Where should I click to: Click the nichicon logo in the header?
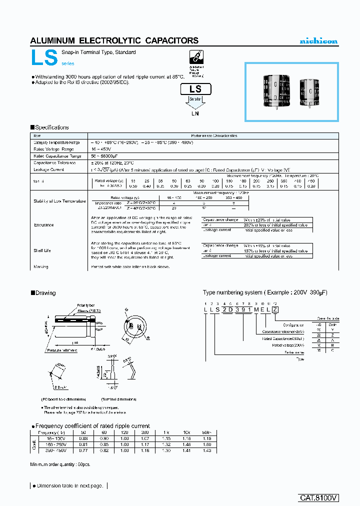tap(318, 41)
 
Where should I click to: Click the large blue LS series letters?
tap(44, 58)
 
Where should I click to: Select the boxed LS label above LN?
tap(195, 89)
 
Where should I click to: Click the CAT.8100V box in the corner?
tap(318, 498)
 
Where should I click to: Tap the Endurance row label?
tap(43, 225)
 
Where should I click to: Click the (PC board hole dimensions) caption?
tap(63, 399)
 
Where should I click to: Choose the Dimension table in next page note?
tap(68, 485)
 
